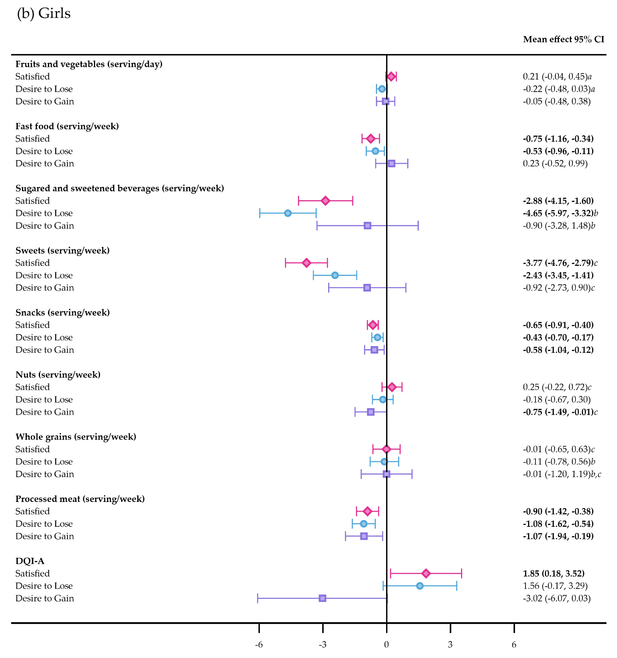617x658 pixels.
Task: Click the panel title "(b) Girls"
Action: click(44, 13)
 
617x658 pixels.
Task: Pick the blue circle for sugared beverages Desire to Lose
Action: click(288, 213)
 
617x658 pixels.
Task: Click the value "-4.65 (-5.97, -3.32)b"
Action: click(560, 213)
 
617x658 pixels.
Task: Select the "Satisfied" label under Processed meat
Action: click(32, 511)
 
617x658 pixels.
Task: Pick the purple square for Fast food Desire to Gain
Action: click(391, 164)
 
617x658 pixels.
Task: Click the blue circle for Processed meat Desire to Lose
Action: click(364, 524)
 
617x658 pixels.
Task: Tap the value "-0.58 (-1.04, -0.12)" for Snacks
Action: click(558, 350)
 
